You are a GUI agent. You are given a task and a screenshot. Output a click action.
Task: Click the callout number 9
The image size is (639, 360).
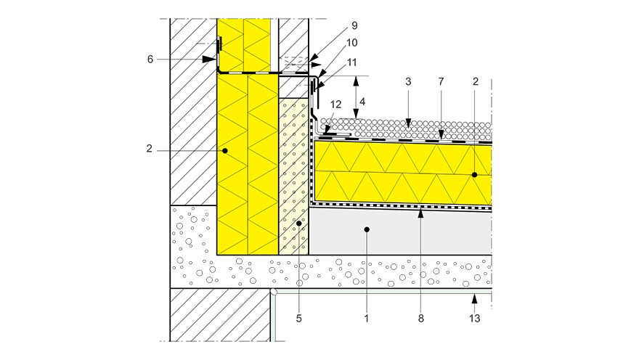354,25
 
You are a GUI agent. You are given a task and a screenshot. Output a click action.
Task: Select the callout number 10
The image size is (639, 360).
351,43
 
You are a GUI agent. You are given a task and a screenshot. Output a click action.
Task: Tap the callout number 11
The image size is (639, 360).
351,62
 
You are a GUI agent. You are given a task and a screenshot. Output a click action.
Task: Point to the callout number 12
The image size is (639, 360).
335,105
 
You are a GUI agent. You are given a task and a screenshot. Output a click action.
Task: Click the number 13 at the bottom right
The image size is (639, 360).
474,319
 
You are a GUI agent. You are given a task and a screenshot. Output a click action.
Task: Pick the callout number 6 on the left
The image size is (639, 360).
150,60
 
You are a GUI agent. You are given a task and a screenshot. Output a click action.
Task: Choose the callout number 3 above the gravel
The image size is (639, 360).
408,82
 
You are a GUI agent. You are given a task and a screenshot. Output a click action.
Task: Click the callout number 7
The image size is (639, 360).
441,82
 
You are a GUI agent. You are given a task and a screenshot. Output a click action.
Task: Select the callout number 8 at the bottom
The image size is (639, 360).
421,319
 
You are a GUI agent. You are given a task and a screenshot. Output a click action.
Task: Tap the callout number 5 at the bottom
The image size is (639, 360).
298,319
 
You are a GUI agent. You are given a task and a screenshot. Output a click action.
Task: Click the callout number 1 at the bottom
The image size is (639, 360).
367,319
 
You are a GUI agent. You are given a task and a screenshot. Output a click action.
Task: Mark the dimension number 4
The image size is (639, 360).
362,102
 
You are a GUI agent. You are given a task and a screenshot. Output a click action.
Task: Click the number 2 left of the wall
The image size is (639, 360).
149,149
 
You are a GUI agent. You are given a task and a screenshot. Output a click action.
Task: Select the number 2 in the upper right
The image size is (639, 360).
476,82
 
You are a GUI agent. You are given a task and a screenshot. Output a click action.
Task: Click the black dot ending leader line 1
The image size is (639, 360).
367,229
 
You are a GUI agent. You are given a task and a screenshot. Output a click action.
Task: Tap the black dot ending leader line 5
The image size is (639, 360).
298,224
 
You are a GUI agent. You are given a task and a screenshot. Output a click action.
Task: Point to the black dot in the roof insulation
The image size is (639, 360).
474,175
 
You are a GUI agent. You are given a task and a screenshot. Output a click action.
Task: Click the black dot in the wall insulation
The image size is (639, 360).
224,151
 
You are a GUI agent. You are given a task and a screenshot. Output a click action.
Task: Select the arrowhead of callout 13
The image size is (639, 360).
474,299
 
